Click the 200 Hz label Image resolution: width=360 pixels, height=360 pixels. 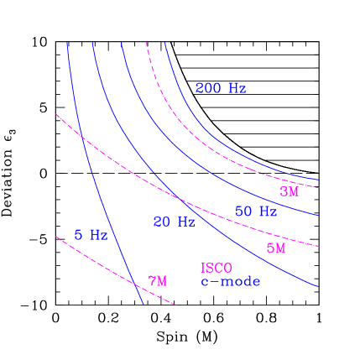[x=221, y=88]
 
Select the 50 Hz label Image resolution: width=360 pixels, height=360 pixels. [x=256, y=211]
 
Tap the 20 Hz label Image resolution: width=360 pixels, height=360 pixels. [x=174, y=222]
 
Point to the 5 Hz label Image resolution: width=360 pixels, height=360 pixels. [x=91, y=236]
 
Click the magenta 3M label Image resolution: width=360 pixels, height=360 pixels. [x=290, y=191]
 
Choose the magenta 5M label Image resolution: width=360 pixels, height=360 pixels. [x=276, y=248]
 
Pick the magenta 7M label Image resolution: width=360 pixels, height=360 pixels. [x=158, y=281]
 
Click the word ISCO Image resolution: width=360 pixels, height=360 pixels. [x=216, y=269]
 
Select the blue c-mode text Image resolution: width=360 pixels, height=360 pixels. [x=230, y=282]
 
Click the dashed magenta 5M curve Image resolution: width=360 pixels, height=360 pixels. [x=252, y=225]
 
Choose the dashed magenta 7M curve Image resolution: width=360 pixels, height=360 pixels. [x=92, y=260]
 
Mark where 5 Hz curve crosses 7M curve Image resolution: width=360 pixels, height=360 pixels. [x=136, y=285]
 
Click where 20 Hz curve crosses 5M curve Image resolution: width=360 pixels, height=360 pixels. [x=179, y=198]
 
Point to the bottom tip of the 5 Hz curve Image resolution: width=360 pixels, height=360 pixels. [x=143, y=304]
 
